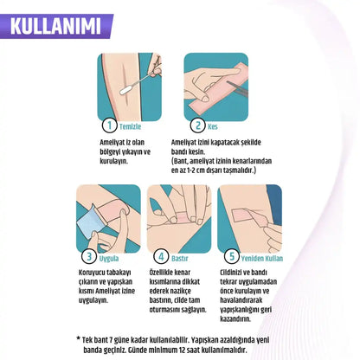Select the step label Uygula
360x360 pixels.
109,258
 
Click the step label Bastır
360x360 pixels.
179,258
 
